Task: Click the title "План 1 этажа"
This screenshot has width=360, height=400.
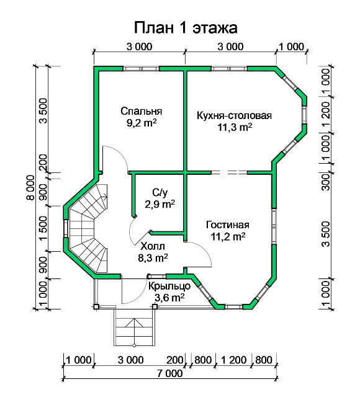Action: click(x=186, y=27)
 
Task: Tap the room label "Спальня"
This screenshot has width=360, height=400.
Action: click(x=141, y=111)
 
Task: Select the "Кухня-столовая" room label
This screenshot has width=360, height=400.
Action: click(x=234, y=115)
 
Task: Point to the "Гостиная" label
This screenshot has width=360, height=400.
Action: click(x=228, y=224)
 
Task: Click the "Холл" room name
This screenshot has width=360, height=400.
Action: click(x=153, y=246)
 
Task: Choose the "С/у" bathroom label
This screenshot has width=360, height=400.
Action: click(x=160, y=192)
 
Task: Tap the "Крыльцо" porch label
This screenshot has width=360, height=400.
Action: click(x=169, y=286)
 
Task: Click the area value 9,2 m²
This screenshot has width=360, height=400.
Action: click(x=142, y=123)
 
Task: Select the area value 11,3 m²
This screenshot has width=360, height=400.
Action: click(x=235, y=127)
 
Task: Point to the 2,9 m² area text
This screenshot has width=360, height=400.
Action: click(x=160, y=204)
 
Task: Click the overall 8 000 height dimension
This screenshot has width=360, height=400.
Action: click(x=30, y=187)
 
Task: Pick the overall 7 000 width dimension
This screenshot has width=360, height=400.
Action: click(x=170, y=373)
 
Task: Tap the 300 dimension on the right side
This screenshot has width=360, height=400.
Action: click(x=326, y=182)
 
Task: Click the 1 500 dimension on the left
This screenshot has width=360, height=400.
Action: click(x=43, y=228)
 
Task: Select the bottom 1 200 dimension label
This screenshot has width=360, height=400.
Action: click(x=233, y=360)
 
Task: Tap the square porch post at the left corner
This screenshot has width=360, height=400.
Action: click(x=96, y=306)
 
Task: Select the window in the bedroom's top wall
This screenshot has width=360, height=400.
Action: click(x=141, y=69)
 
